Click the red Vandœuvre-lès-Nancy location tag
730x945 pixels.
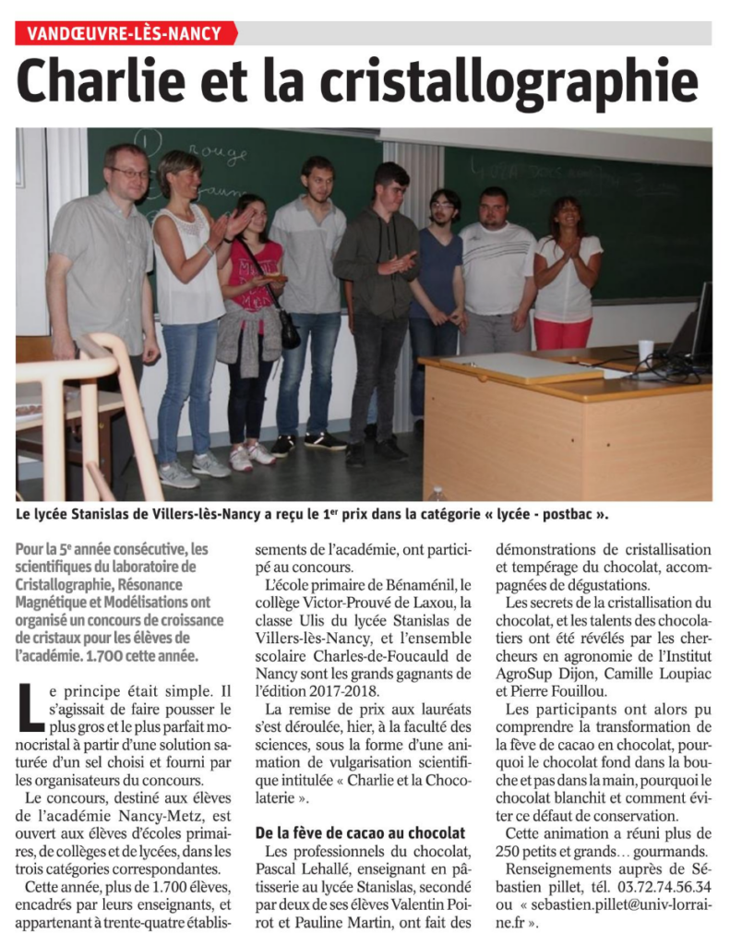click(125, 34)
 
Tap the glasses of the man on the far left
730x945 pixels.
click(128, 173)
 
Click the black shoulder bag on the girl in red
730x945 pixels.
click(289, 328)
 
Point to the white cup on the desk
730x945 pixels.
click(645, 351)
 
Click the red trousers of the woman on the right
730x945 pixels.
click(563, 333)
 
